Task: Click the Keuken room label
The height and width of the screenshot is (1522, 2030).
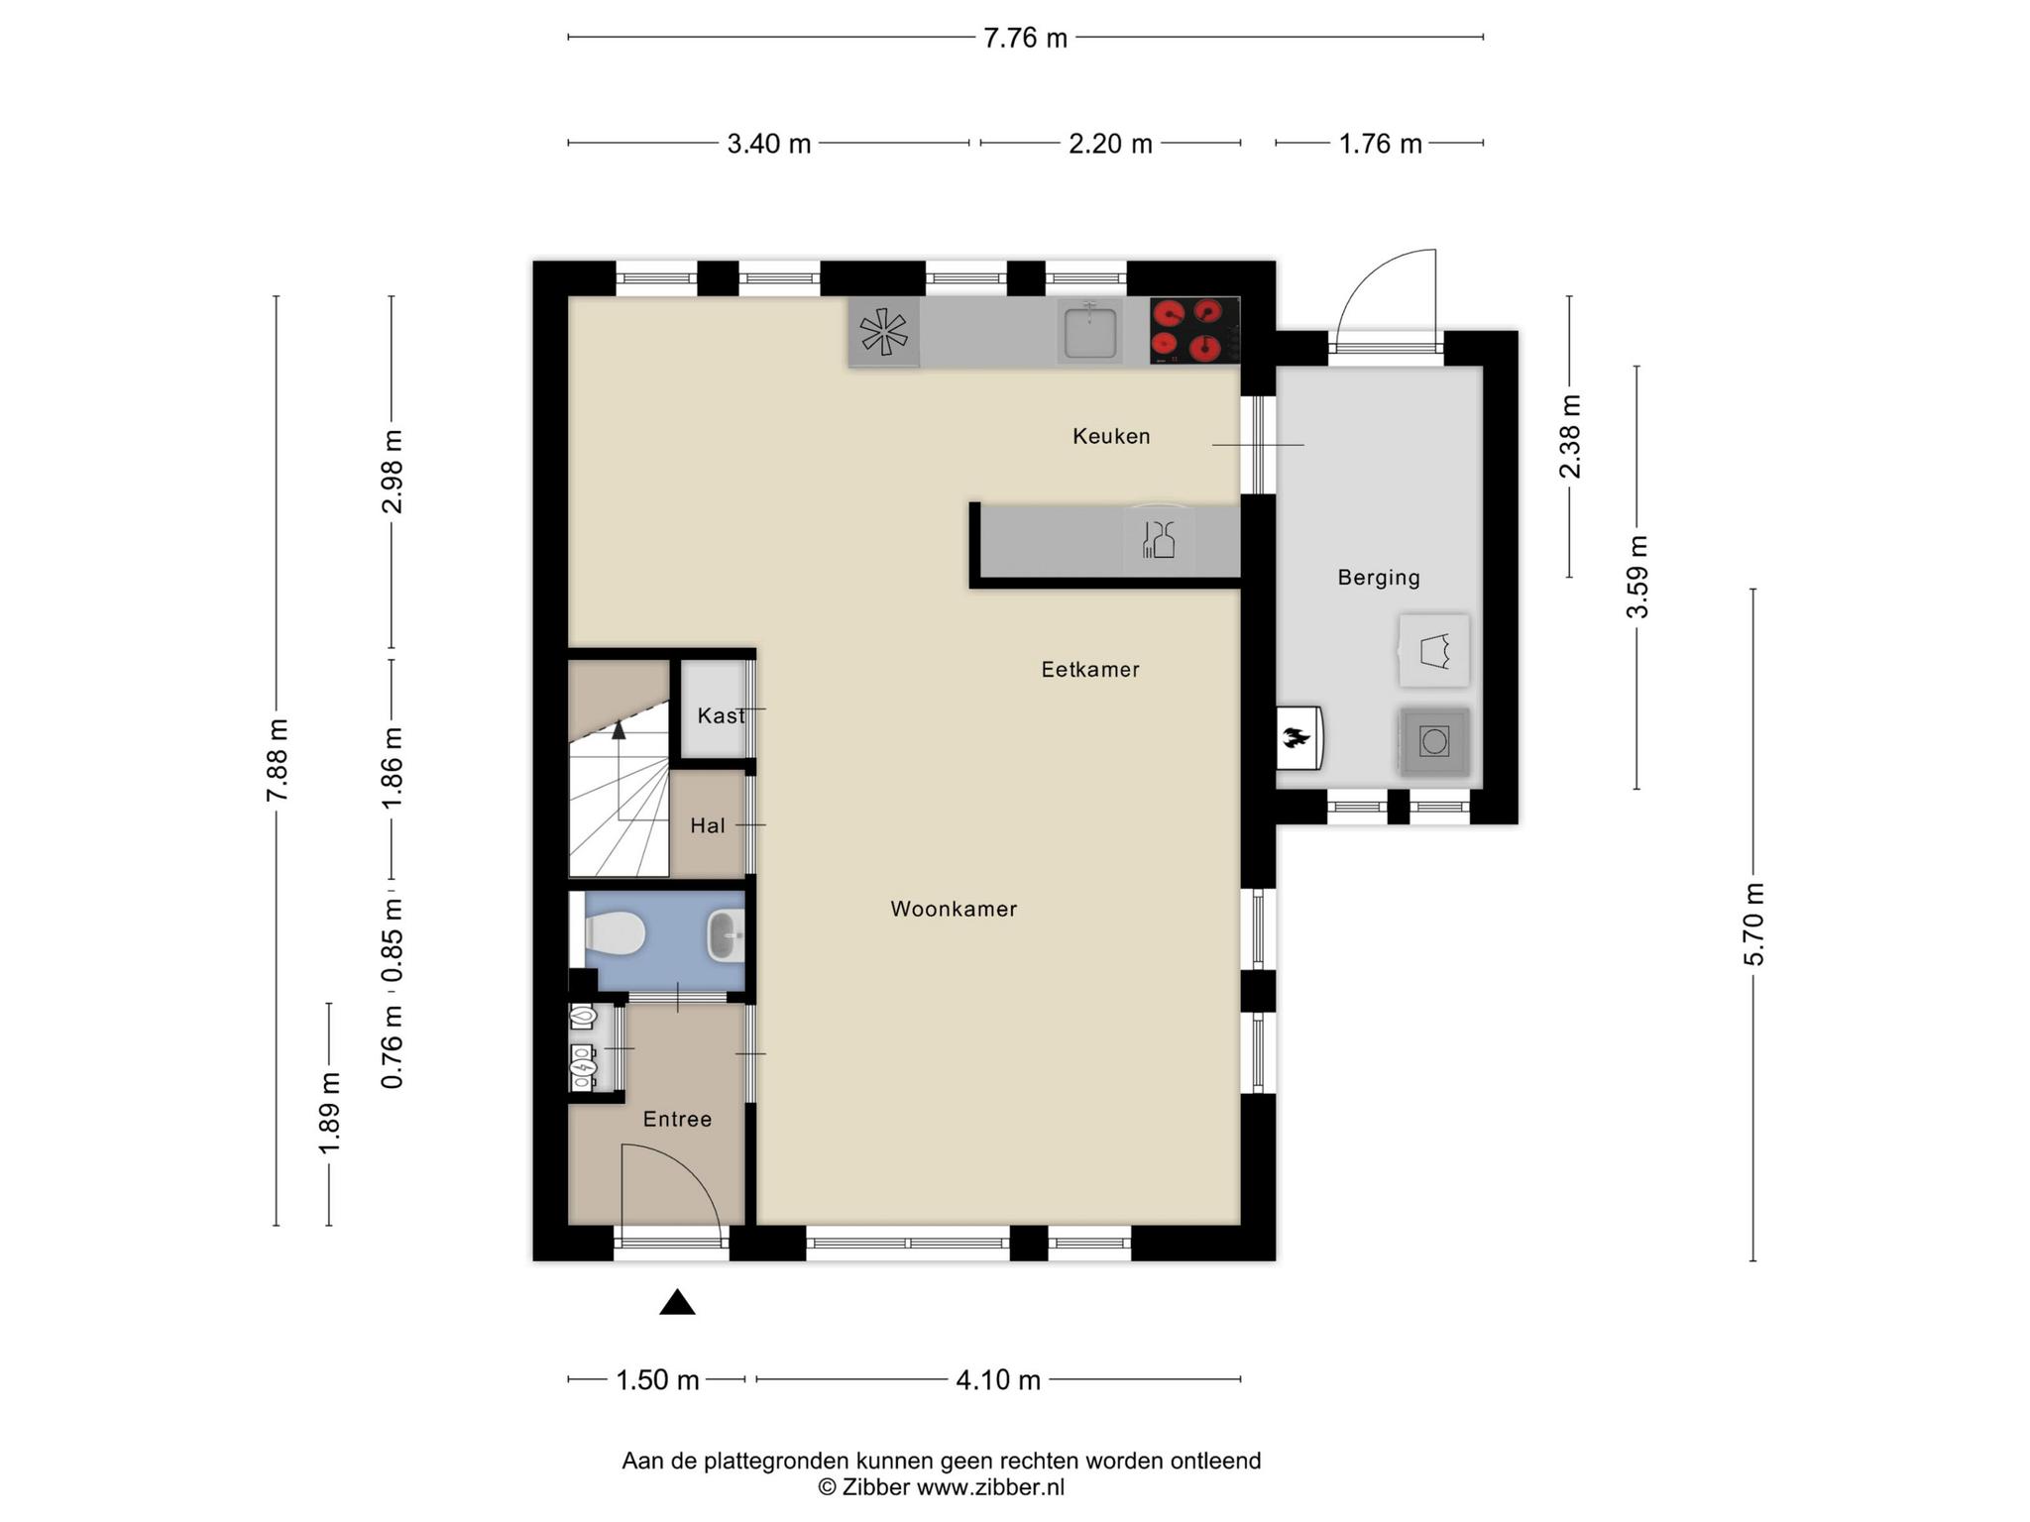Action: pos(1111,436)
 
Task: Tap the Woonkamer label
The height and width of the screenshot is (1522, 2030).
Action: pos(954,909)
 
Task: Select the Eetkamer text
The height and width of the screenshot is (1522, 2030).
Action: pos(1090,670)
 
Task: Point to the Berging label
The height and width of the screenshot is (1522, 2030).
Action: pos(1379,578)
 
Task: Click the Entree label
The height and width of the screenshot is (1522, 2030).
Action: pos(677,1119)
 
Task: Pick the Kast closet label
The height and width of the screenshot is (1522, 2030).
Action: pos(721,715)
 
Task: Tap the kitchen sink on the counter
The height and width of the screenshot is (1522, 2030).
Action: pos(1090,332)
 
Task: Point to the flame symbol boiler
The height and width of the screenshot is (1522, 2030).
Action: pos(1298,737)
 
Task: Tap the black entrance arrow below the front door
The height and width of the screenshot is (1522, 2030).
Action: pos(677,1302)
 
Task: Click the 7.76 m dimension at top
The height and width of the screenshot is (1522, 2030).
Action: pos(1025,38)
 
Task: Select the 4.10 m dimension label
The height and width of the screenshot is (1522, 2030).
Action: pos(998,1379)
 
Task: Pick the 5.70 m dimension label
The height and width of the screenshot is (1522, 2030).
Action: pos(1753,924)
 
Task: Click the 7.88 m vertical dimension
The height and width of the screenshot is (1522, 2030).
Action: pos(277,760)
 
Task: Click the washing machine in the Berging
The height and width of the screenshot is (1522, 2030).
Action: pos(1433,741)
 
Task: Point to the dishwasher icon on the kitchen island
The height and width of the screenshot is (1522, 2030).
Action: pos(1158,540)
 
